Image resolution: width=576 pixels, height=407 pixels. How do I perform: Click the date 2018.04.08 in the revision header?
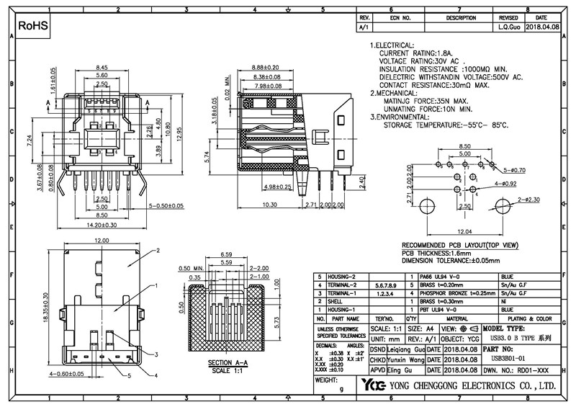541,26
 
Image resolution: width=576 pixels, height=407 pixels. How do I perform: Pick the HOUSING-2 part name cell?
343,277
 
